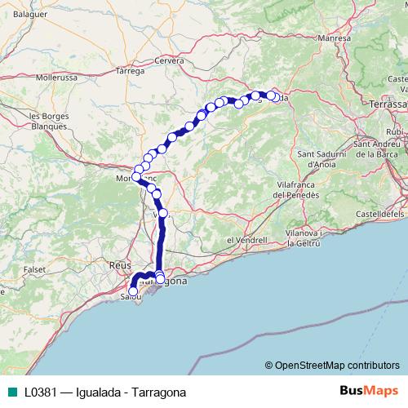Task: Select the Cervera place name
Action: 169,60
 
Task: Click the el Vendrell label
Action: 246,240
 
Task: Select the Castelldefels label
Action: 383,212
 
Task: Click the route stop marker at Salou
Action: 133,291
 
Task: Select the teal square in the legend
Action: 11,392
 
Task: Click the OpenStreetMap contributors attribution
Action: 332,366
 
